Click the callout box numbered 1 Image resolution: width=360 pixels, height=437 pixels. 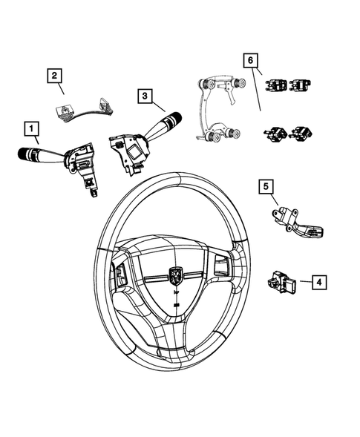pos(32,130)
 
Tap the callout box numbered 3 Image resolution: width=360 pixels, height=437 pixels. pos(145,94)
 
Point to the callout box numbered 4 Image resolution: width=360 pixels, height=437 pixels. pos(317,281)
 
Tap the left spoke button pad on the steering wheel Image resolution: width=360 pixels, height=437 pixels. pos(122,275)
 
